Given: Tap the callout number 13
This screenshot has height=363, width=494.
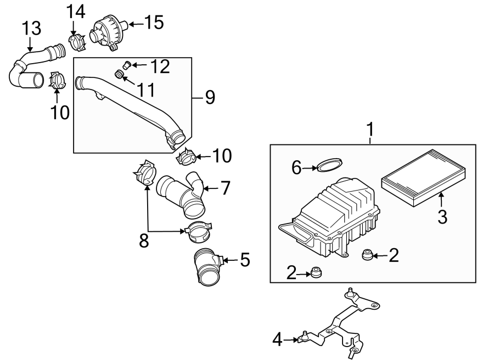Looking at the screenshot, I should point(31,27).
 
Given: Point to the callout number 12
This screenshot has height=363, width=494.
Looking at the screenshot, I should point(160,66).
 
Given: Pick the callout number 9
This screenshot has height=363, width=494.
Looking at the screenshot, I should point(209,98).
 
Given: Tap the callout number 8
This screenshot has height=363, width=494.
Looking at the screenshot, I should point(144,241).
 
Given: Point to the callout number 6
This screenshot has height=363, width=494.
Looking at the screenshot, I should point(297,167).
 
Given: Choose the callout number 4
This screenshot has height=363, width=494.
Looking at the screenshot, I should point(278,340).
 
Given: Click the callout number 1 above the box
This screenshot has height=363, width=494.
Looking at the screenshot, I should point(370,130).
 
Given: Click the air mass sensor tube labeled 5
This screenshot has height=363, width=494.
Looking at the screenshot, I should point(207,267).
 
